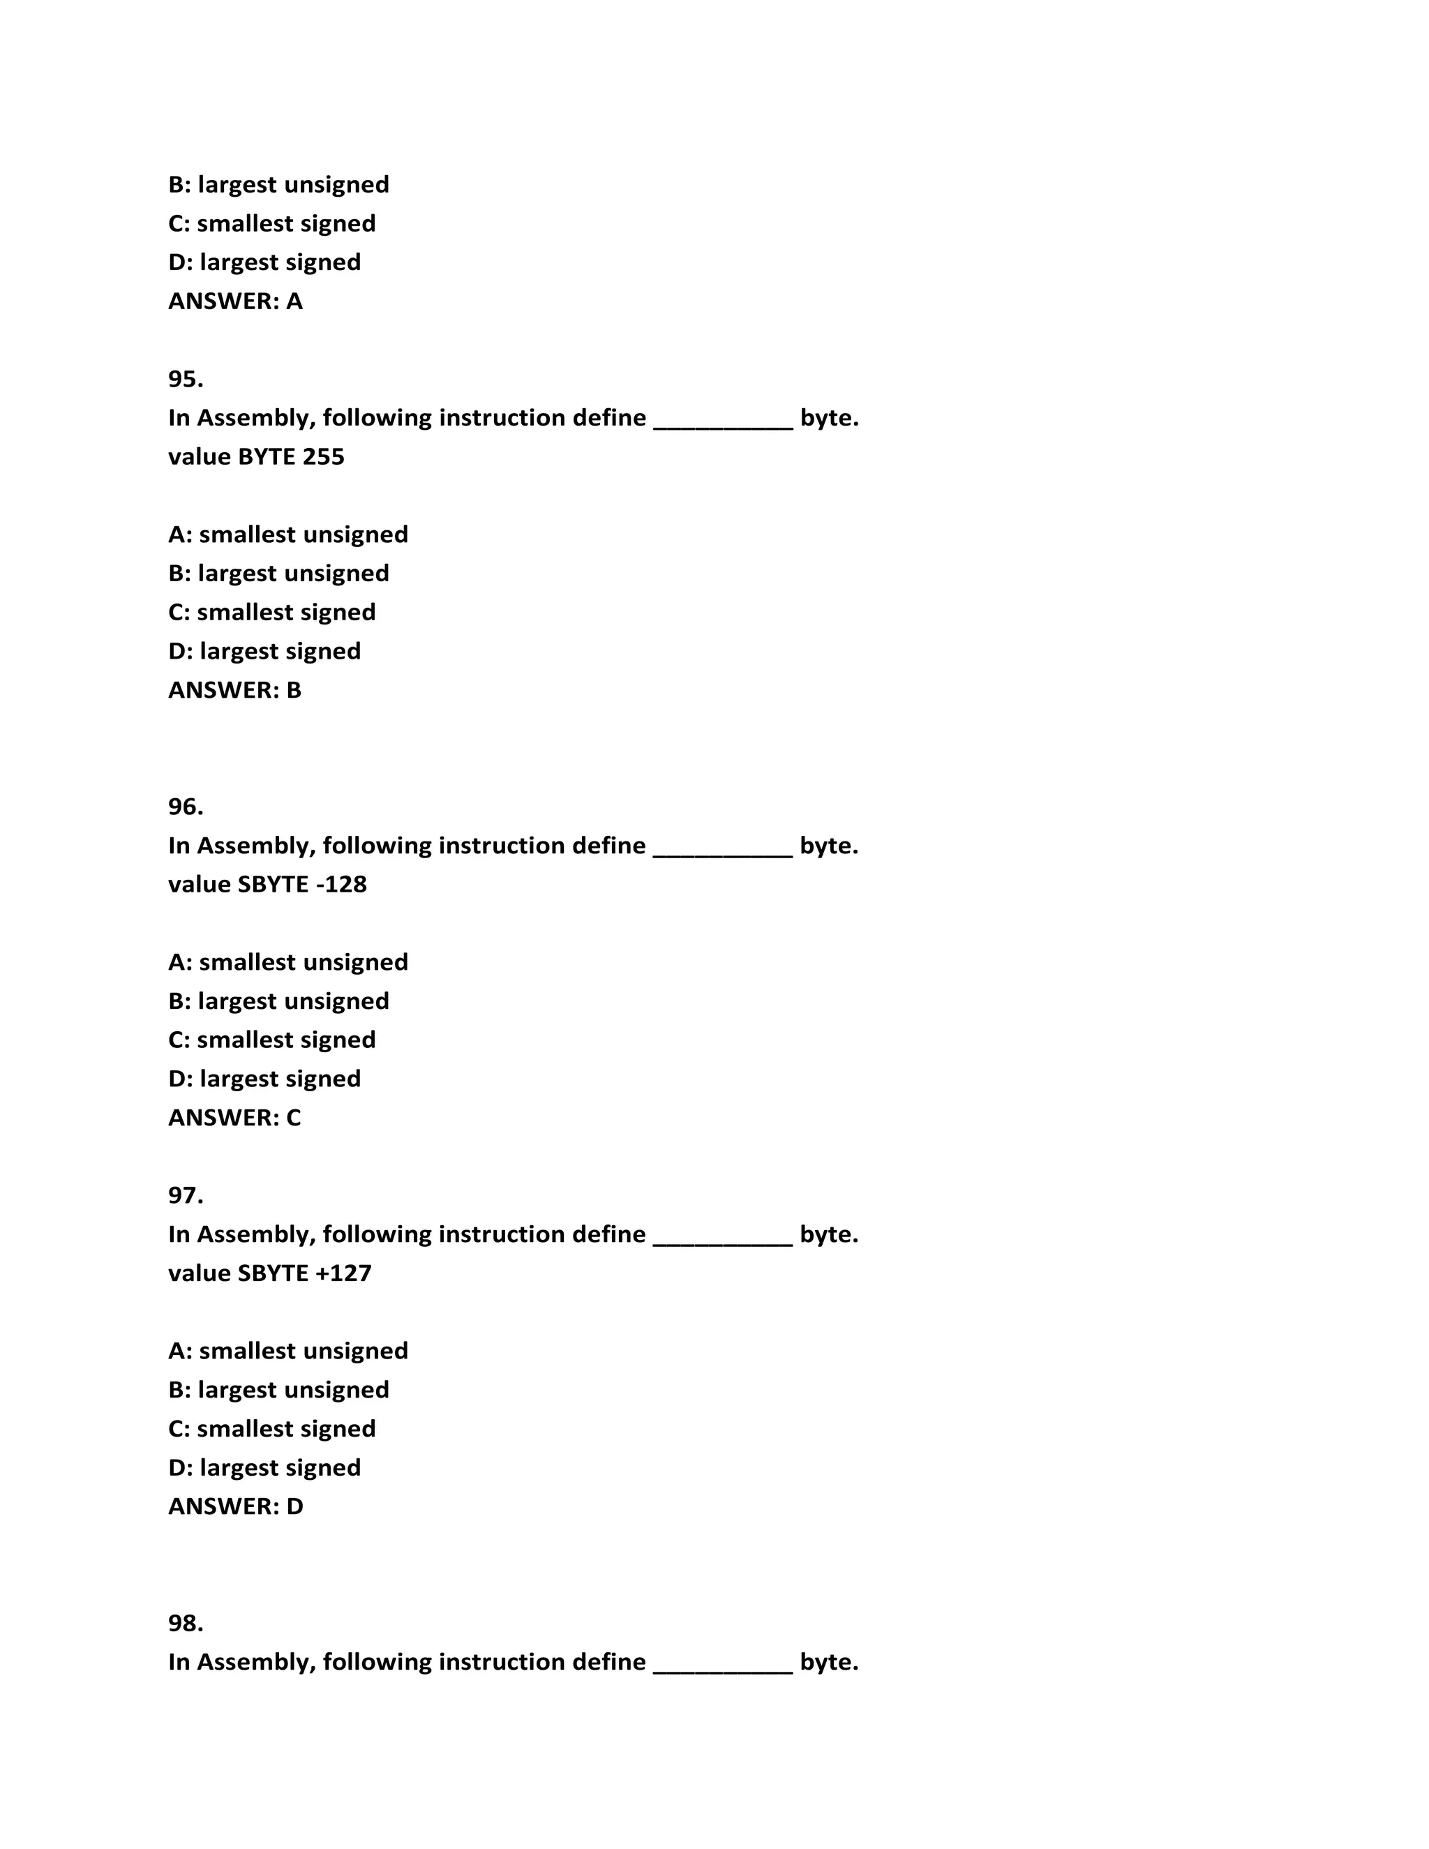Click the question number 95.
[x=186, y=380]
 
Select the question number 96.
[x=186, y=807]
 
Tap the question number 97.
[x=186, y=1195]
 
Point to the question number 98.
[x=186, y=1623]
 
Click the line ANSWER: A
[x=235, y=301]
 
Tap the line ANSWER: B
[x=234, y=690]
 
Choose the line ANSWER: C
[x=234, y=1118]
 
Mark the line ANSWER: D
[x=235, y=1506]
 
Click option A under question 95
[x=288, y=535]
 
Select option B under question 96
[x=278, y=1001]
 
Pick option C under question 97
[x=271, y=1429]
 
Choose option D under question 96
[x=264, y=1079]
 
